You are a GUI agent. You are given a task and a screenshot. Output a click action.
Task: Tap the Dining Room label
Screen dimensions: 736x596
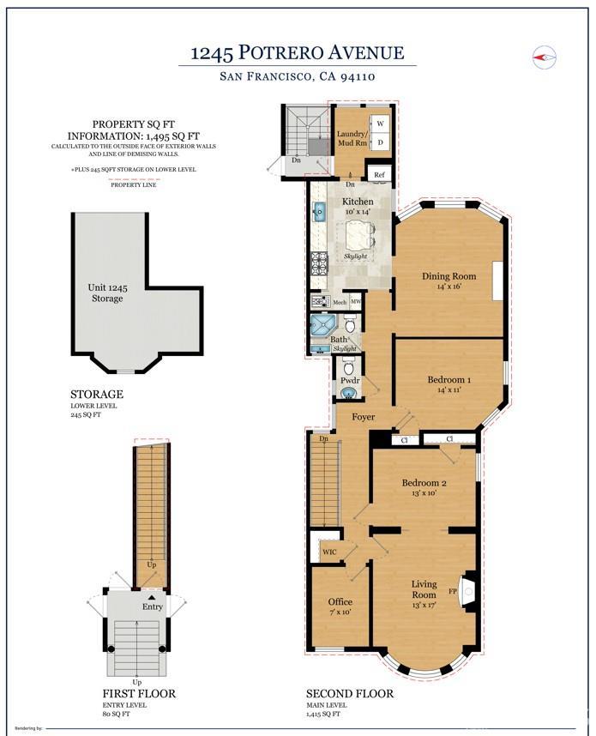[x=448, y=276]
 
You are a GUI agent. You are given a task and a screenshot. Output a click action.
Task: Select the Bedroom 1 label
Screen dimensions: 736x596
[x=449, y=379]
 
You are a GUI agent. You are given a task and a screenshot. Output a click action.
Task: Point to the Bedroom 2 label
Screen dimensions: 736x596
[x=424, y=483]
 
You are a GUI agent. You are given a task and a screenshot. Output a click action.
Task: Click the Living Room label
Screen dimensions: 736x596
[x=424, y=589]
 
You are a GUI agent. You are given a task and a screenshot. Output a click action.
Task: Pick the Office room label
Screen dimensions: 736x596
[x=340, y=601]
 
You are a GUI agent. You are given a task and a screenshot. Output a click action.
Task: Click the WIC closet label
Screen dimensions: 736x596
[x=329, y=552]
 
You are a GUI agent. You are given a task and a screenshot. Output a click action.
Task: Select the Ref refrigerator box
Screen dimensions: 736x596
[x=379, y=175]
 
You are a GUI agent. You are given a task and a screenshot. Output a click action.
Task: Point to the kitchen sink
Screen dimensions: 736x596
[x=318, y=212]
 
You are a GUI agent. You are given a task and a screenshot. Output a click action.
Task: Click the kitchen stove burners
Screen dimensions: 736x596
[x=319, y=263]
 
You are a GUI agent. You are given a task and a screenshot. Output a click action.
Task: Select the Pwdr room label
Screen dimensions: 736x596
[x=349, y=379]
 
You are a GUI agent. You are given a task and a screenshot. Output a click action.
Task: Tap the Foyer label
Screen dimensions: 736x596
[x=363, y=417]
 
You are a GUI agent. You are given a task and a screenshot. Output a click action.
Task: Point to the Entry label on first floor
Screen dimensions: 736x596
[x=152, y=606]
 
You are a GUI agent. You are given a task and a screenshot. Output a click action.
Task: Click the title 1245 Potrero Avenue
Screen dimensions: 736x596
[x=297, y=53]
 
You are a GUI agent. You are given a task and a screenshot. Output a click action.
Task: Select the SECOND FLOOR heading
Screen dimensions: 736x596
[x=350, y=693]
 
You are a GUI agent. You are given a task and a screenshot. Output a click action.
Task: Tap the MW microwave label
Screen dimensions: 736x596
[x=356, y=302]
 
